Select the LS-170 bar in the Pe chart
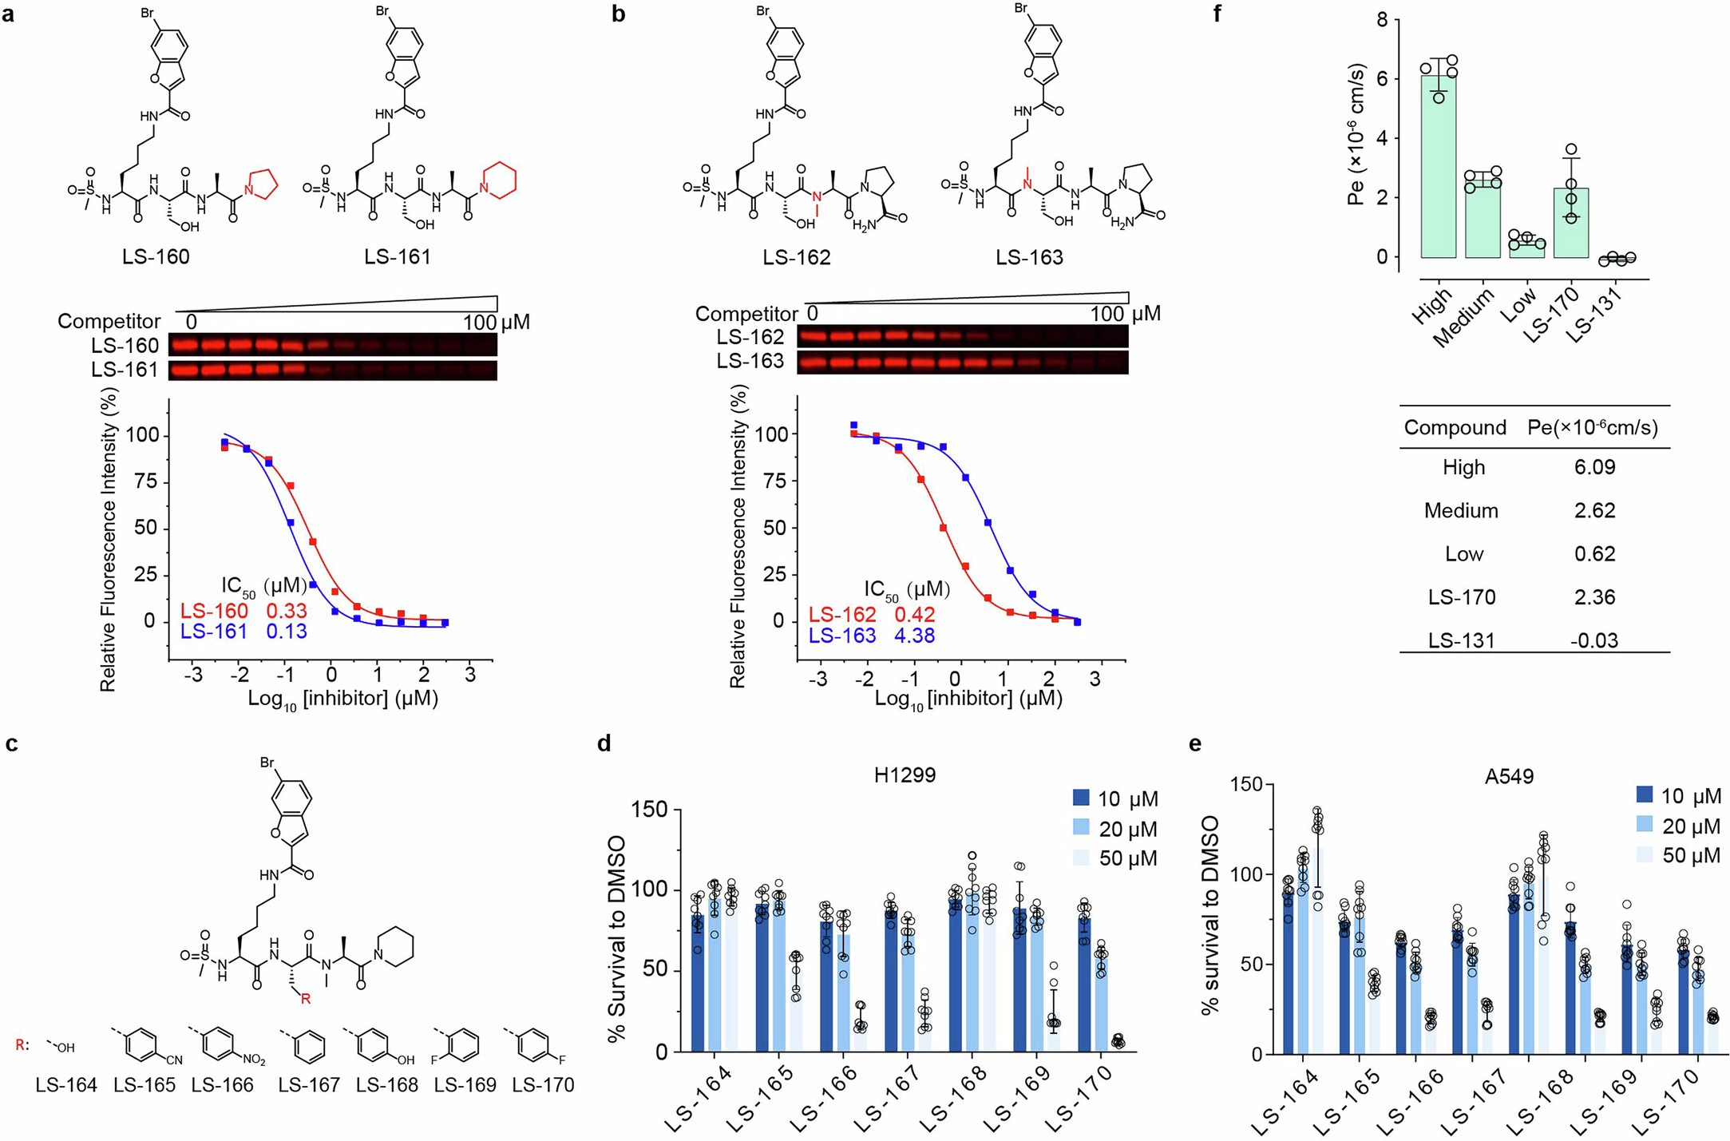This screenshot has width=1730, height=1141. (1571, 224)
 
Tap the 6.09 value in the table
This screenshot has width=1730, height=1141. (1594, 467)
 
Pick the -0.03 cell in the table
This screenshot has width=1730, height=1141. (1594, 640)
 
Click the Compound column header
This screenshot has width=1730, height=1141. (1455, 428)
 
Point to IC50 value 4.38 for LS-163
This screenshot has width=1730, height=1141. (914, 636)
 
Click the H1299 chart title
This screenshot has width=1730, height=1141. (905, 775)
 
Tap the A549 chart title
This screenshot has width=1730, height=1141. (1509, 777)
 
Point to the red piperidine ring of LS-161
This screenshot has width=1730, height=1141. (498, 179)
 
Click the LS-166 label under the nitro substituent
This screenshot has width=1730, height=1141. (222, 1085)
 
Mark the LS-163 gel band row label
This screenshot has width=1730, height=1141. (750, 362)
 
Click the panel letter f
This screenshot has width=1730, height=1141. (1217, 14)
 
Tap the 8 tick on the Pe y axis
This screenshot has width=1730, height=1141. (1382, 20)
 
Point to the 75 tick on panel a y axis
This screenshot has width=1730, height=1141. (144, 482)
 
